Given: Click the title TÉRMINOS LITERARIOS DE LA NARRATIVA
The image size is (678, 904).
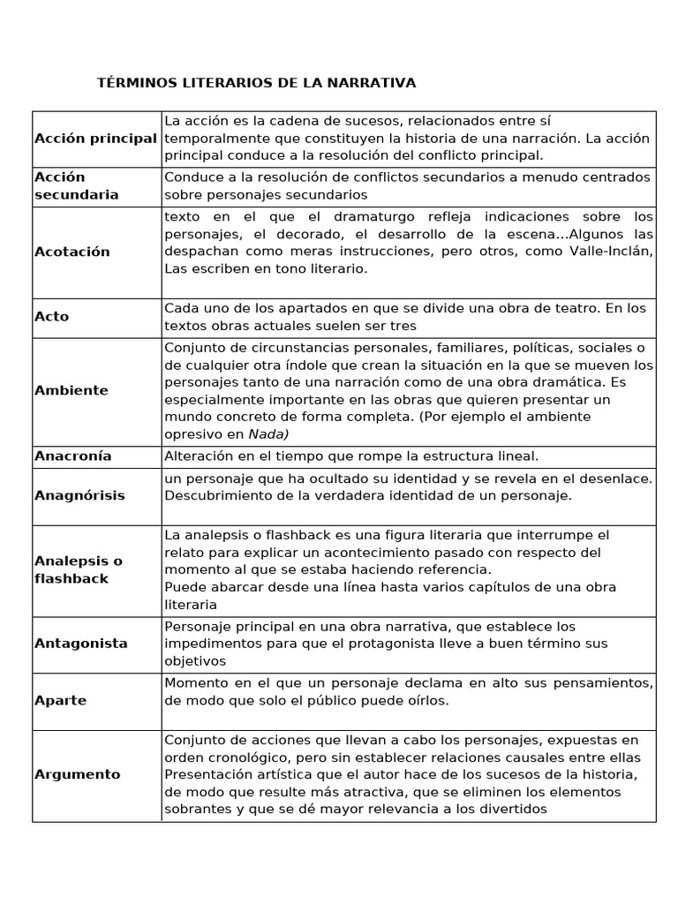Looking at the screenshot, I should (256, 83).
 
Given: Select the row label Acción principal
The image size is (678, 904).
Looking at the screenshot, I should (95, 139).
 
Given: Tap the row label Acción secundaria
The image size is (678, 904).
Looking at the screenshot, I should (76, 185).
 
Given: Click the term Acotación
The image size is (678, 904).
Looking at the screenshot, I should (72, 252).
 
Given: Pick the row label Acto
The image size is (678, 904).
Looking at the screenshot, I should (51, 316).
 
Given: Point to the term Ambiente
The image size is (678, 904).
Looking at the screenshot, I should (72, 390).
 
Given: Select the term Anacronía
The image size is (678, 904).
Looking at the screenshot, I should (73, 456).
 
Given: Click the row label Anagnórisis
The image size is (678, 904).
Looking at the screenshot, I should (79, 495).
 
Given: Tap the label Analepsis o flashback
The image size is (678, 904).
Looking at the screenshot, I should (79, 569).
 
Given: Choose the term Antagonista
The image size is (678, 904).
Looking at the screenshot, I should (81, 644).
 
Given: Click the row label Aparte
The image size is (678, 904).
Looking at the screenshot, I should (60, 700).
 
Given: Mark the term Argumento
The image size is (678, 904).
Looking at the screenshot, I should (78, 774).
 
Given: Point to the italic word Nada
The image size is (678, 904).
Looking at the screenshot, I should (267, 433).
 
